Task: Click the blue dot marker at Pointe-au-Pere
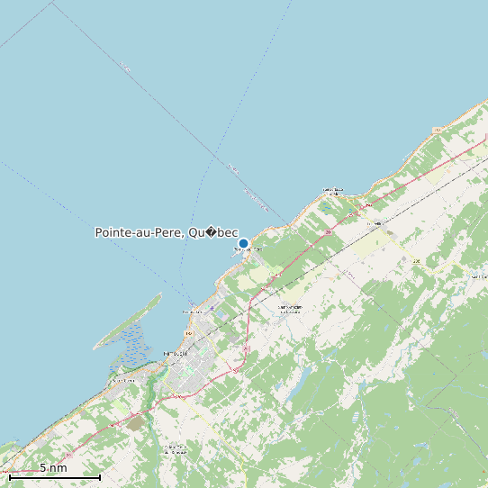(x=243, y=243)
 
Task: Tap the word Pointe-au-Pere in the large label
(x=139, y=233)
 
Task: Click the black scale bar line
(x=54, y=476)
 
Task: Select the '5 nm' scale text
(x=53, y=467)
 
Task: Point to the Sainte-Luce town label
(x=333, y=191)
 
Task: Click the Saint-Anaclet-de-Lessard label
(x=289, y=308)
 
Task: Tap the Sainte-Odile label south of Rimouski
(x=175, y=448)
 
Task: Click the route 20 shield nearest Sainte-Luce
(x=330, y=232)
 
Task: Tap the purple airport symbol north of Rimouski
(x=212, y=308)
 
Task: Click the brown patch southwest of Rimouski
(x=135, y=421)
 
